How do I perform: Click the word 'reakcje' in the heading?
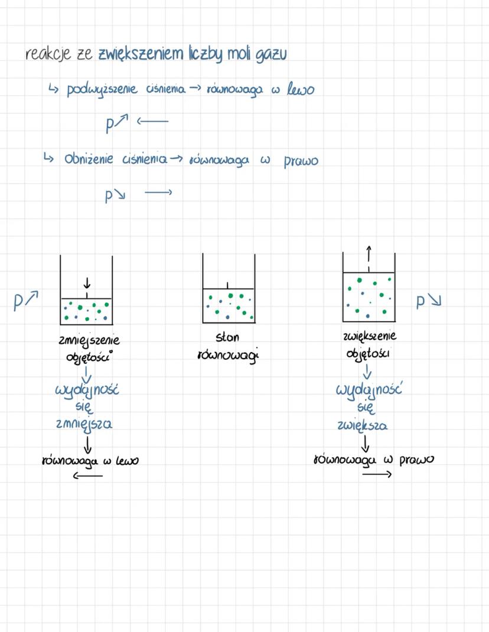[x=48, y=54]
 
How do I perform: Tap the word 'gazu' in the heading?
[x=272, y=56]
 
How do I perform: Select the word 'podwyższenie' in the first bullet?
[x=101, y=90]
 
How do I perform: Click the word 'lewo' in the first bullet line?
[x=301, y=90]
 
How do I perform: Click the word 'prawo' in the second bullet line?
[x=301, y=161]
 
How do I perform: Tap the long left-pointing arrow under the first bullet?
[x=152, y=122]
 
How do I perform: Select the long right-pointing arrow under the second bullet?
[x=158, y=192]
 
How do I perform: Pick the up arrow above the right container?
[x=369, y=254]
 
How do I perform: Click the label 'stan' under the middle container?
[x=227, y=338]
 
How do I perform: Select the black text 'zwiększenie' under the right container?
[x=370, y=336]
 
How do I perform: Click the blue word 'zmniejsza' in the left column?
[x=84, y=424]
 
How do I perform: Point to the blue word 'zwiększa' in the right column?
[x=363, y=425]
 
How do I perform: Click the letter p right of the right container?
[x=421, y=302]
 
